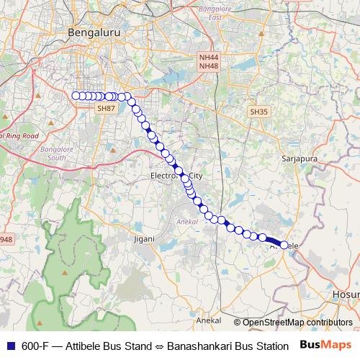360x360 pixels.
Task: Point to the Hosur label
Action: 346,294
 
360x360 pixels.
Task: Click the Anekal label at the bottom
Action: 208,319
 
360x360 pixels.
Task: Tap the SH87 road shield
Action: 106,108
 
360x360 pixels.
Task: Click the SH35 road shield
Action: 258,112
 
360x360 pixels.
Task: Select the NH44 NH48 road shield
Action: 208,62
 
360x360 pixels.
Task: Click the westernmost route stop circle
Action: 76,96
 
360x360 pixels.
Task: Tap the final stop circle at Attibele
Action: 284,245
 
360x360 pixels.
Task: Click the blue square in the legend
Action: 9,346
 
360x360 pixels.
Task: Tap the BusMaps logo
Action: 326,346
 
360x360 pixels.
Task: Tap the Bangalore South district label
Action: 53,152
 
